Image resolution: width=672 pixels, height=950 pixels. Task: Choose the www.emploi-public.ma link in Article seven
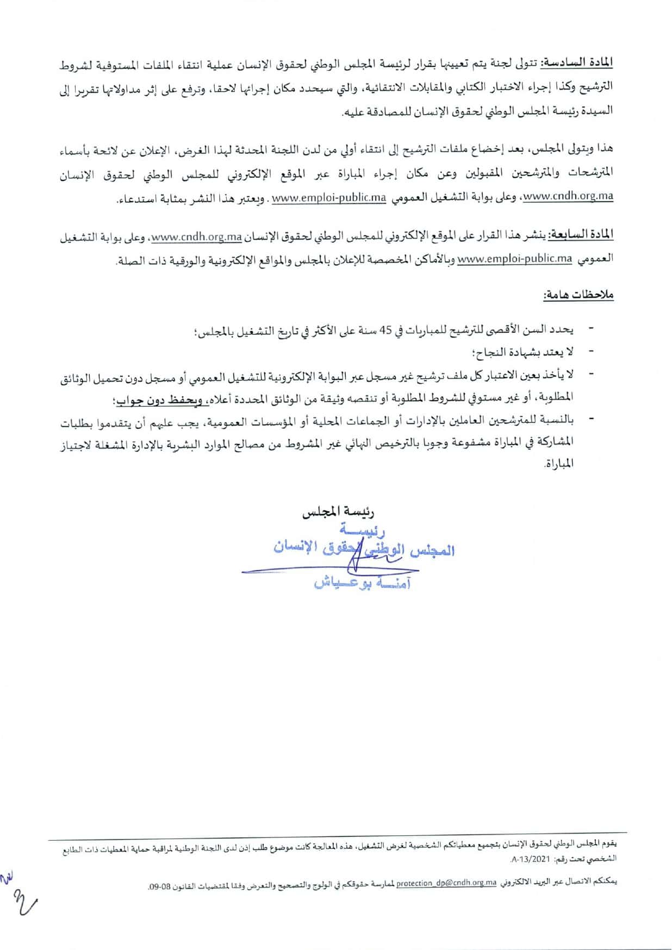pyautogui.click(x=515, y=259)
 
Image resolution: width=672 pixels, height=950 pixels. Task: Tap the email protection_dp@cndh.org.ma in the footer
pyautogui.click(x=446, y=882)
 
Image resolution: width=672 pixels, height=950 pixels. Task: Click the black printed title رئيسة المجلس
pyautogui.click(x=339, y=512)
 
